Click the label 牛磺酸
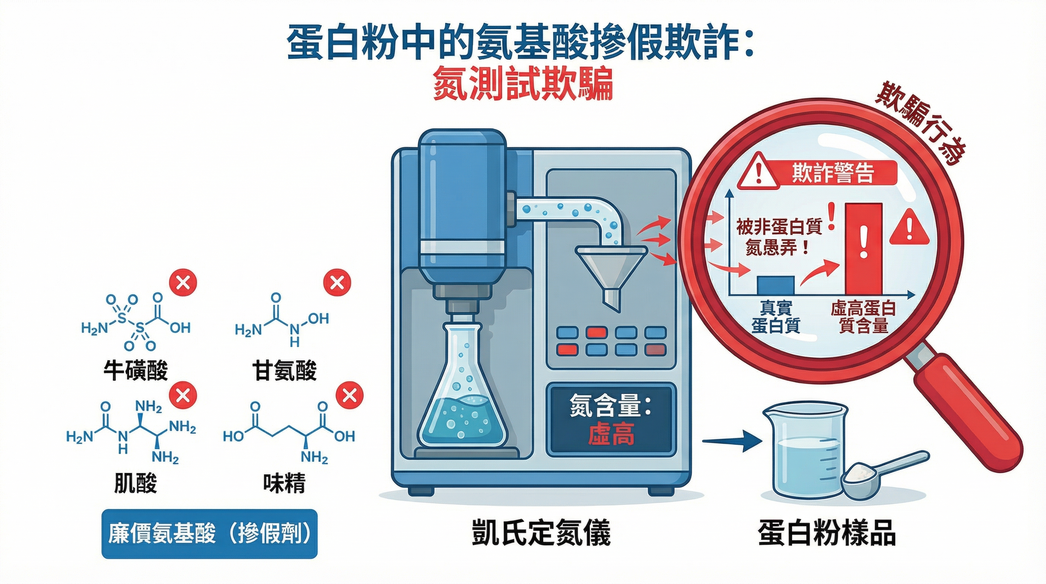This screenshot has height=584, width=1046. (x=136, y=370)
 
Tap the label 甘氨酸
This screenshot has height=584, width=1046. (x=284, y=370)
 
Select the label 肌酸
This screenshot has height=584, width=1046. (x=136, y=483)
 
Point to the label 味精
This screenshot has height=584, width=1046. (x=284, y=483)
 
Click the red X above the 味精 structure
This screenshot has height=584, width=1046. (x=350, y=395)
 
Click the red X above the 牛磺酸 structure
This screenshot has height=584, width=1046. (x=183, y=282)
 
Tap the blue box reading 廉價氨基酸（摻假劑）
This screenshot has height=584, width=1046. (x=209, y=534)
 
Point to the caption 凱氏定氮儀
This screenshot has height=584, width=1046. (x=541, y=533)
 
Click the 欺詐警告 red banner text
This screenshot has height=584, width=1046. (x=832, y=174)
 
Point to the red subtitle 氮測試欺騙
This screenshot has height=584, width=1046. (x=523, y=86)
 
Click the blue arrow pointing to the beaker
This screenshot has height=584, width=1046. (x=731, y=441)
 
